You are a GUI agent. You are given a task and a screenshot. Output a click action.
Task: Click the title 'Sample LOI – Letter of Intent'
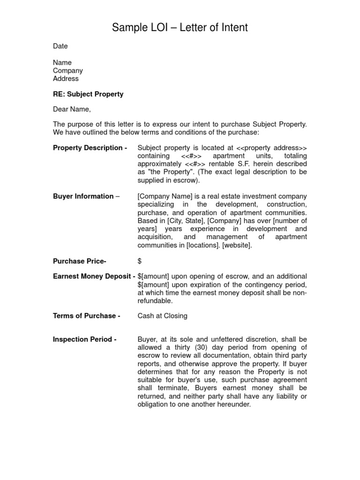[180, 28]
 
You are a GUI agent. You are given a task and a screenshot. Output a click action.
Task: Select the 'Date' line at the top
[60, 46]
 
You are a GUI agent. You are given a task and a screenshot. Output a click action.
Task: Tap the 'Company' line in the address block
[68, 71]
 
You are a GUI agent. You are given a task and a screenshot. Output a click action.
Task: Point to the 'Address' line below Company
[66, 79]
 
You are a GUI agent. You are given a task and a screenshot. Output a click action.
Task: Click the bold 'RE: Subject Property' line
[88, 94]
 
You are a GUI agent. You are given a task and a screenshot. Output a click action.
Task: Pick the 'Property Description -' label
[90, 148]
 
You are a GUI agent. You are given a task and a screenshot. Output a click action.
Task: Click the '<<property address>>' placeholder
[272, 148]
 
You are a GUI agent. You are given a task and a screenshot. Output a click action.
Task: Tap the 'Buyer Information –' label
[86, 196]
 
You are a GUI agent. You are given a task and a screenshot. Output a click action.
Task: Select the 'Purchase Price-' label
[80, 261]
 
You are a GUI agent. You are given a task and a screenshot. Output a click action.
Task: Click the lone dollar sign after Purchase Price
[140, 261]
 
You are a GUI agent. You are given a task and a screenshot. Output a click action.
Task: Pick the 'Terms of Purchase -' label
[87, 316]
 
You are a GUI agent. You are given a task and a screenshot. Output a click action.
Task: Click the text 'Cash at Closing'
[162, 316]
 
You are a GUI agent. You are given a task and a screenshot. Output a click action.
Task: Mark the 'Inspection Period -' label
[85, 339]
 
